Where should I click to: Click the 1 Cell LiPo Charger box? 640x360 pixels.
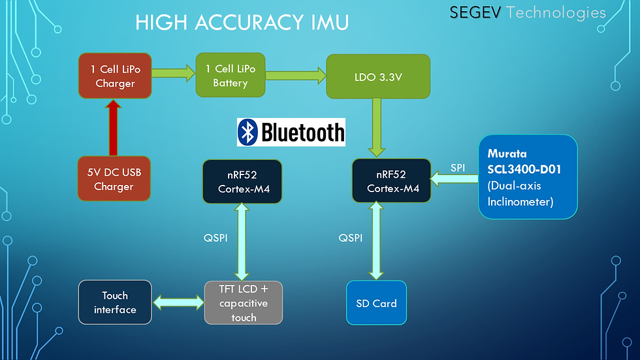pyautogui.click(x=116, y=76)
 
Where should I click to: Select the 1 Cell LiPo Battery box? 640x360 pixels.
pyautogui.click(x=230, y=76)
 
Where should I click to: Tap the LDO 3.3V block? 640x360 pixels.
pyautogui.click(x=377, y=76)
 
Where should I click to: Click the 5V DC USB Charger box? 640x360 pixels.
pyautogui.click(x=115, y=178)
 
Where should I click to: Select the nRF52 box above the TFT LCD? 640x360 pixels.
pyautogui.click(x=242, y=182)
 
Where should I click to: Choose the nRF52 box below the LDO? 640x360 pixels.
pyautogui.click(x=392, y=180)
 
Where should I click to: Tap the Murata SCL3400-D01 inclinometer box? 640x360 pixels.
pyautogui.click(x=528, y=176)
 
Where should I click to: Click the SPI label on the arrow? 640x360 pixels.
pyautogui.click(x=458, y=168)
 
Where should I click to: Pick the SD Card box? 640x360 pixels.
pyautogui.click(x=376, y=303)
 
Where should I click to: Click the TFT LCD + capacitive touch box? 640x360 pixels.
pyautogui.click(x=243, y=303)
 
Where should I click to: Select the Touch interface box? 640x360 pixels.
pyautogui.click(x=115, y=303)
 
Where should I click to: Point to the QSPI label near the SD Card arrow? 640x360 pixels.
pyautogui.click(x=351, y=238)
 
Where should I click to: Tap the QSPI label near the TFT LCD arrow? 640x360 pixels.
pyautogui.click(x=216, y=238)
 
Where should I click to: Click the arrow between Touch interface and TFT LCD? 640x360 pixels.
pyautogui.click(x=179, y=302)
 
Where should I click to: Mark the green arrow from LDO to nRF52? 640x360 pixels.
pyautogui.click(x=377, y=127)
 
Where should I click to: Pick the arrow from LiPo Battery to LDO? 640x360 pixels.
pyautogui.click(x=295, y=76)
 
